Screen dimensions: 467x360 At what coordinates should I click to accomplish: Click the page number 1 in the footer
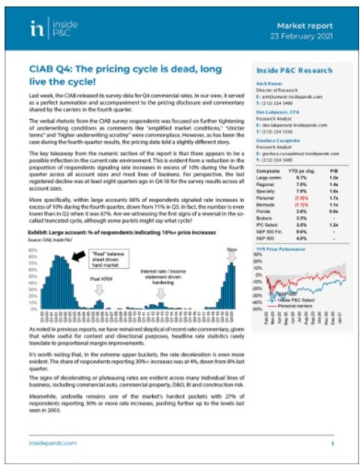pyautogui.click(x=332, y=444)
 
